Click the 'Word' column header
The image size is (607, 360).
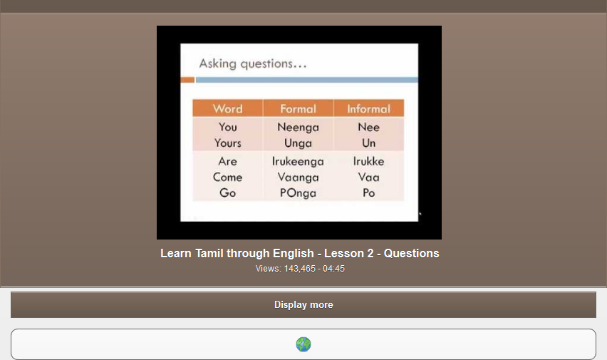coord(227,109)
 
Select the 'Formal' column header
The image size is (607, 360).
coord(298,109)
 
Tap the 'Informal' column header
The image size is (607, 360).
coord(368,109)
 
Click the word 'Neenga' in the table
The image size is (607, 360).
coord(298,127)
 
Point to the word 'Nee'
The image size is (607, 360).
coord(368,127)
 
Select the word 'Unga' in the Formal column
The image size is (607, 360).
coord(298,143)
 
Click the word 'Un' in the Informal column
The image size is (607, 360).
coord(368,143)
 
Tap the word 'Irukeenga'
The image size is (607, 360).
coord(298,161)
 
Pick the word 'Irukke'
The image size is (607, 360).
coord(368,161)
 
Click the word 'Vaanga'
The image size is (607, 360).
coord(298,177)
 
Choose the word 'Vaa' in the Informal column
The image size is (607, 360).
coord(368,177)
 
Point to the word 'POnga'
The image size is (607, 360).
coord(298,192)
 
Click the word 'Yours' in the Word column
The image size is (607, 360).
coord(227,143)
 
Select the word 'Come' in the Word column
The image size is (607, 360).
coord(227,177)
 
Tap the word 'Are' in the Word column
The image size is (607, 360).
coord(227,161)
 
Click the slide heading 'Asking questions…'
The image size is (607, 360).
coord(253,64)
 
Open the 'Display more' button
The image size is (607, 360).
coord(303,304)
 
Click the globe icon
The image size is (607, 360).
coord(303,344)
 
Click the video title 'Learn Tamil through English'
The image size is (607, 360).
coord(299,253)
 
